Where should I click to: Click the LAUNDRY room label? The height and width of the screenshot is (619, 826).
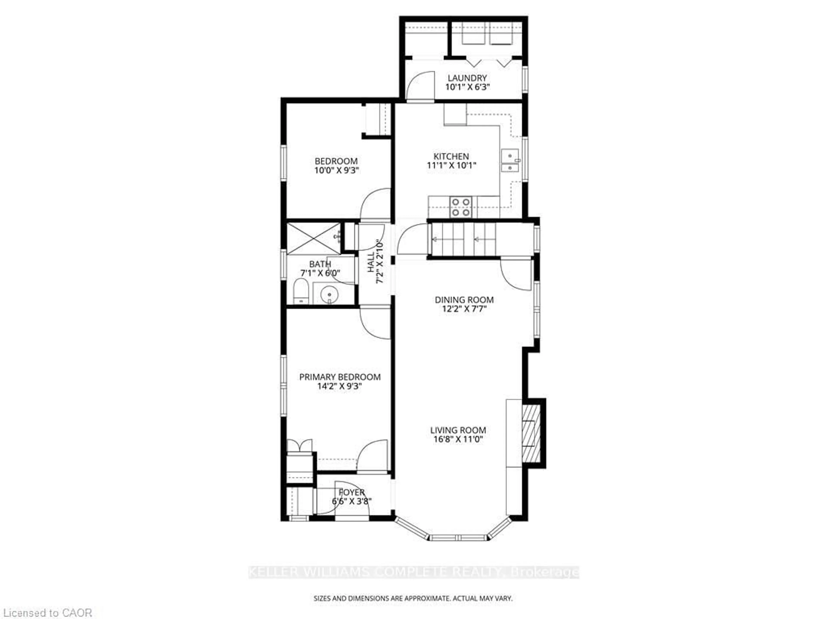467,78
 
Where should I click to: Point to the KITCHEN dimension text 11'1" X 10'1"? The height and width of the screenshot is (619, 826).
452,166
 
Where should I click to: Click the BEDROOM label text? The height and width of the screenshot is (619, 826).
336,161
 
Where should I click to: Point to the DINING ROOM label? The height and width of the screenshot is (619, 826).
464,300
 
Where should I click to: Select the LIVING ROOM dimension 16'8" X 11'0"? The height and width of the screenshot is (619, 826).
458,440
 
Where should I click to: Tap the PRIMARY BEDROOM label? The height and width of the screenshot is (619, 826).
340,377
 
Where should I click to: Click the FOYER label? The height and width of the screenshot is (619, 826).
351,492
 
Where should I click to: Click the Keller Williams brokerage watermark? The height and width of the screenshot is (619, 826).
413,572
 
